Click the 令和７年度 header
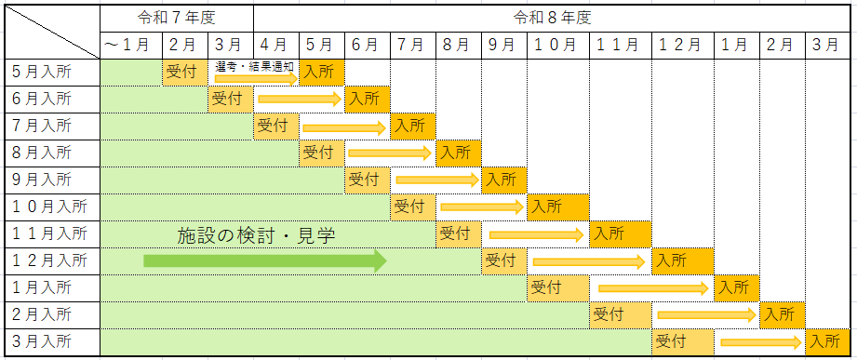[x=176, y=18]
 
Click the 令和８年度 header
[x=552, y=18]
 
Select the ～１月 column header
[x=130, y=44]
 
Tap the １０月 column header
[x=558, y=44]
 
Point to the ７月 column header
[x=412, y=44]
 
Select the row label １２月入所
[x=50, y=260]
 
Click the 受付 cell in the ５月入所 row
[x=184, y=71]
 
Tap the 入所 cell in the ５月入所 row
[x=320, y=71]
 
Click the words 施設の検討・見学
[x=256, y=235]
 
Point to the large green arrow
[x=264, y=261]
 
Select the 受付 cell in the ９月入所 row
[x=367, y=179]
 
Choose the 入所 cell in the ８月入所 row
[x=458, y=152]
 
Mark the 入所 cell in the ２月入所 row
[x=781, y=314]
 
